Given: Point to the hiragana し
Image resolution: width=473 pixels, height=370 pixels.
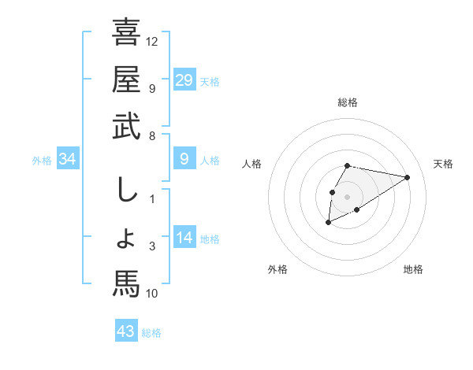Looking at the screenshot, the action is [x=126, y=190].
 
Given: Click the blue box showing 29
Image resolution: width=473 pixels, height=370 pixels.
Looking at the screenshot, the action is [x=184, y=80].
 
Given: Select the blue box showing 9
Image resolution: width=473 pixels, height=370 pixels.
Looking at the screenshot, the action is [x=184, y=160].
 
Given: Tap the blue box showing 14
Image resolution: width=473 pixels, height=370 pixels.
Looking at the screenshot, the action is [x=184, y=237].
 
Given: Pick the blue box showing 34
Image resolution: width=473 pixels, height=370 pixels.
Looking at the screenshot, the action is [x=68, y=160].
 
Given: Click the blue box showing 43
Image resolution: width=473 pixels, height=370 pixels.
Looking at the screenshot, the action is [x=126, y=331].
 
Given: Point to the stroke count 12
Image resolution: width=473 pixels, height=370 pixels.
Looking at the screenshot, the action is [x=152, y=41].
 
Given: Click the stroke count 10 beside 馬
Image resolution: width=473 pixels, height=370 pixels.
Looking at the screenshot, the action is [x=152, y=294].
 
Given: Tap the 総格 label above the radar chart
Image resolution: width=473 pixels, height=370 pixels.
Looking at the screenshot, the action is [x=348, y=102].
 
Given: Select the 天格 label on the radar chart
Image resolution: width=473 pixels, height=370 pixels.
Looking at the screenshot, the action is [x=443, y=164].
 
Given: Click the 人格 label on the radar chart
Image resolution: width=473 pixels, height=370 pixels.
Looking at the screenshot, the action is [x=251, y=164].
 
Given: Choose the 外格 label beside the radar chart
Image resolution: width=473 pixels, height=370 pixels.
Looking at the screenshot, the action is [x=277, y=269].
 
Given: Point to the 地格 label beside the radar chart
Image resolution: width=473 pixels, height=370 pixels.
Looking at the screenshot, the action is [x=413, y=269].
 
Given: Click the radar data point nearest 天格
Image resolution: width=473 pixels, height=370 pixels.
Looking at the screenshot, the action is [x=408, y=177].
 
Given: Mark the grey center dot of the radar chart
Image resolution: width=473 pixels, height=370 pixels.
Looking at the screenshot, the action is [x=348, y=197].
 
